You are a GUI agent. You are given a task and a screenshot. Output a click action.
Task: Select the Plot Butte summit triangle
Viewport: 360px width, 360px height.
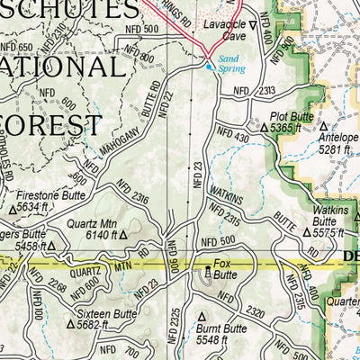coord(264,129)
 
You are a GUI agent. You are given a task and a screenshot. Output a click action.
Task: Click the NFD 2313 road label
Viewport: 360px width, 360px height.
coord(254,91)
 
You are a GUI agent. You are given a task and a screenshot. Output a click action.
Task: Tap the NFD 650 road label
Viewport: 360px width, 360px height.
coord(16,47)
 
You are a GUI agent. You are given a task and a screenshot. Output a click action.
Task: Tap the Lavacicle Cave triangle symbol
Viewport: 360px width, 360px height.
coord(252,25)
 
